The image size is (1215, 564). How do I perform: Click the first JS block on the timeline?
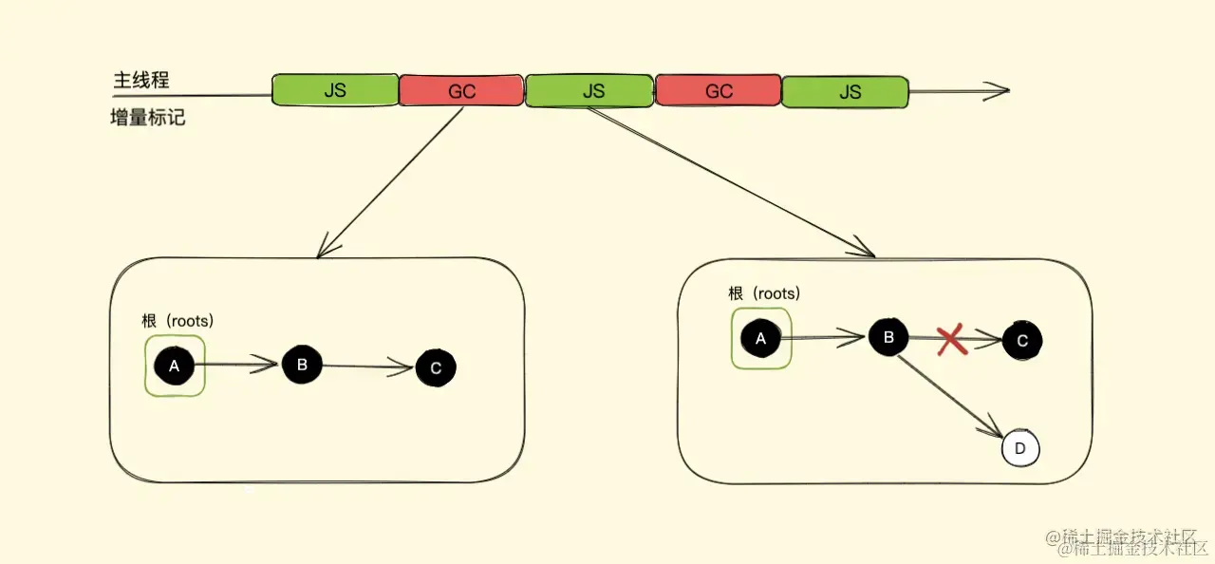[335, 90]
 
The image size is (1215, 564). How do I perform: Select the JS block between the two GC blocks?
[589, 90]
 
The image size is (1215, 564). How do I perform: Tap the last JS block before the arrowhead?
[845, 91]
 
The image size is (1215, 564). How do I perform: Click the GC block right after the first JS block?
[461, 91]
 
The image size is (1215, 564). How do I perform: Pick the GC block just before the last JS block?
[719, 91]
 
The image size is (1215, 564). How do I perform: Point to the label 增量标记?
[147, 120]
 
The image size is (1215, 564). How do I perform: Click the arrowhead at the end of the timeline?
[997, 91]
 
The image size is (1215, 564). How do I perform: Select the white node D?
[1020, 448]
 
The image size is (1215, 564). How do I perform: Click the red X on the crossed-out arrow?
[951, 340]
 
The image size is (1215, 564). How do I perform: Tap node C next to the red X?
[1022, 341]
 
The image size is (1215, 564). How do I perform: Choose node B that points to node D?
[888, 337]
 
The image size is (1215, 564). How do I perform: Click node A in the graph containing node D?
[760, 337]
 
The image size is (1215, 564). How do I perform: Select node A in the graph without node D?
[174, 366]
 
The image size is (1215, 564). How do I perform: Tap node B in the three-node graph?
[302, 365]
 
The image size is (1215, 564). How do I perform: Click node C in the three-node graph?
[436, 367]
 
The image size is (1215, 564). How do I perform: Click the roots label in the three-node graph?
[185, 321]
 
